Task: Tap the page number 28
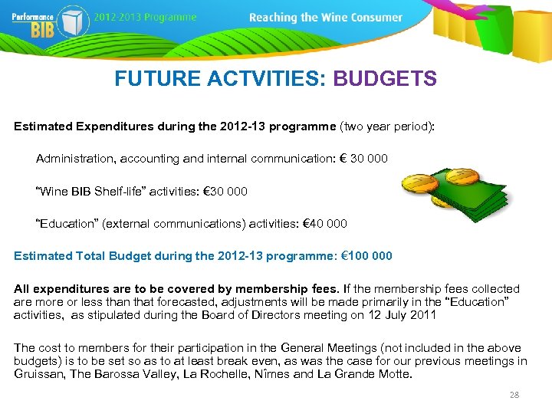pos(514,395)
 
